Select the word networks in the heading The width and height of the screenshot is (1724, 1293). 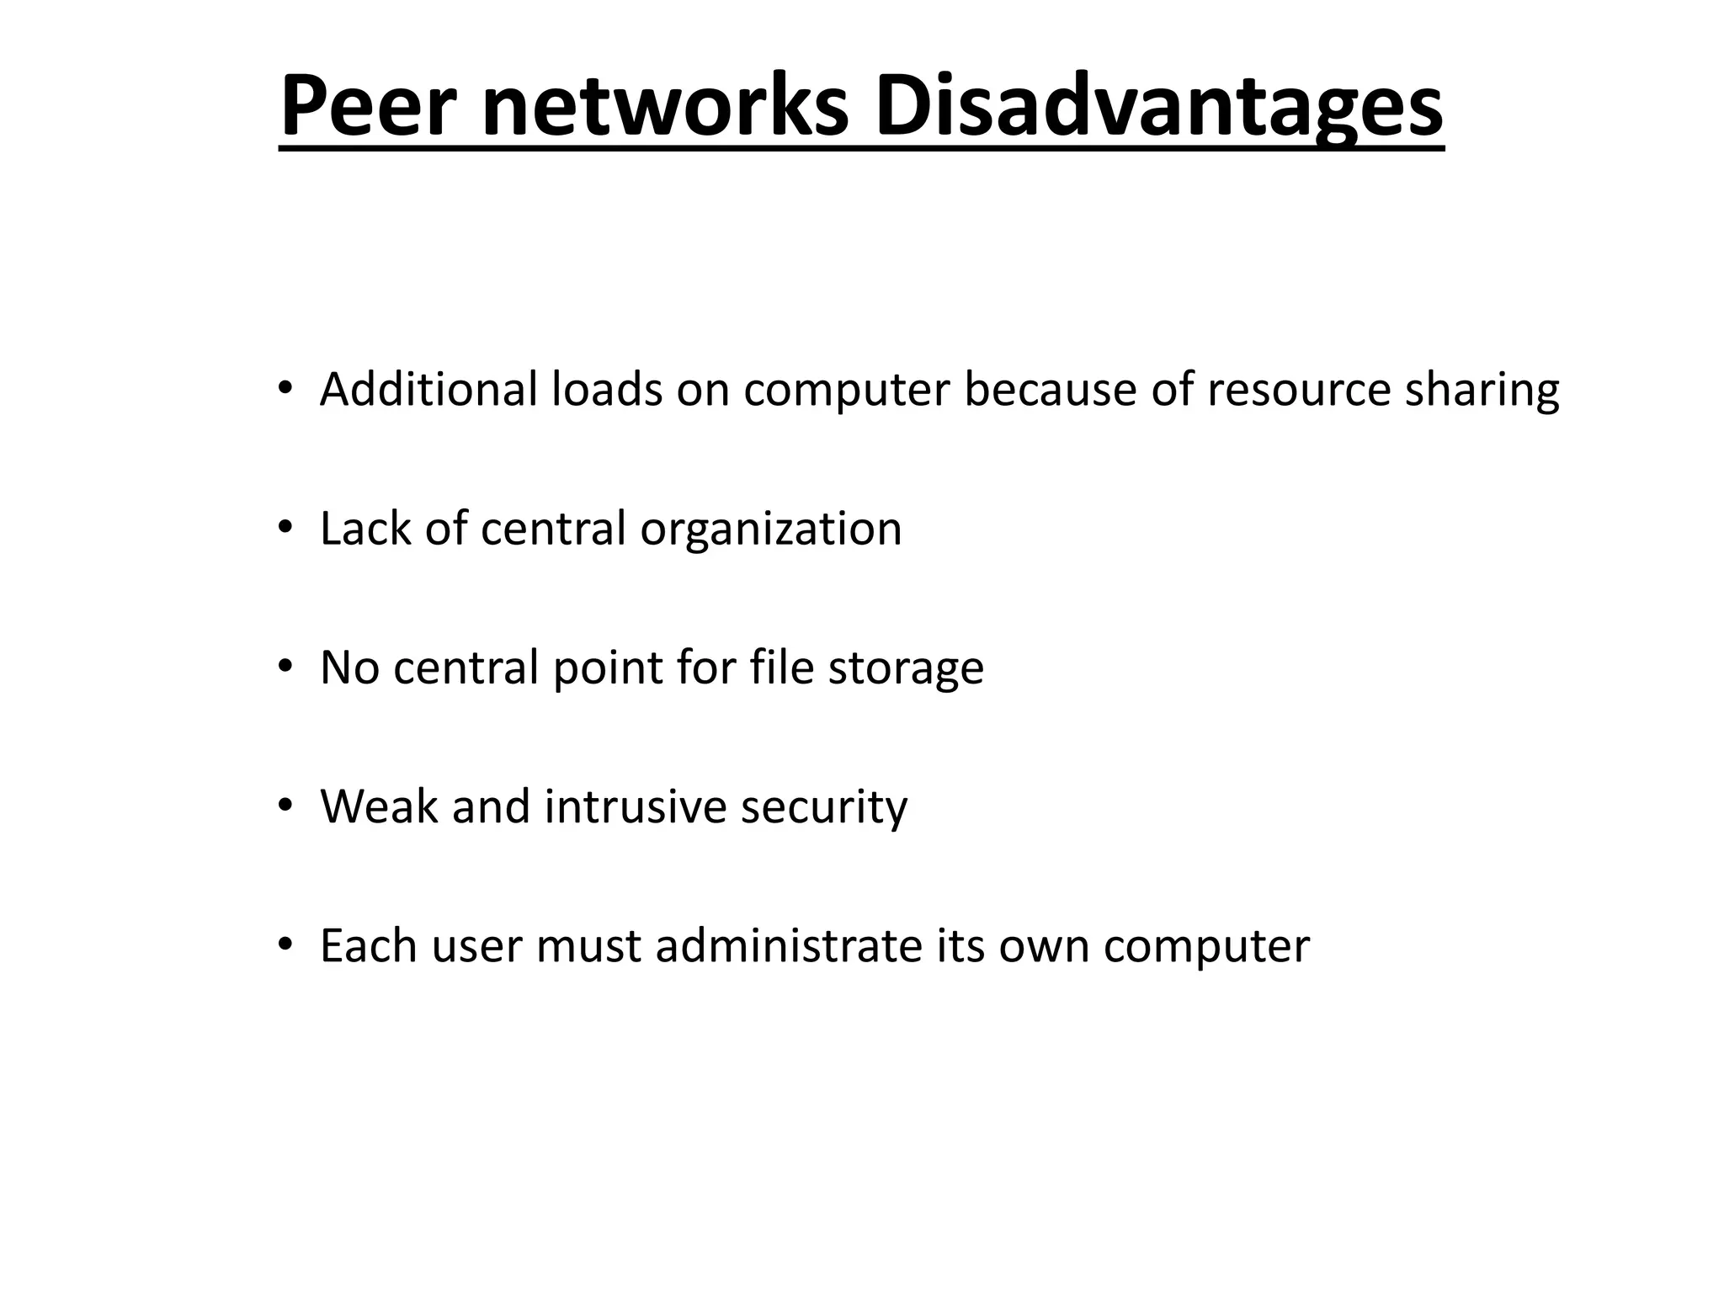665,108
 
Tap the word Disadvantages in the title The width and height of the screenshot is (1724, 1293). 1158,108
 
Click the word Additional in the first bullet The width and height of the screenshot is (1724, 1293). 428,390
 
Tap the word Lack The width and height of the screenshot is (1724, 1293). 365,529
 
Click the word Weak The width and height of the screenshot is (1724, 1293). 380,806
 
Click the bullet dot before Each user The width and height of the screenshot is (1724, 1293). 285,944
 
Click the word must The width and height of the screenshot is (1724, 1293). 588,945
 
